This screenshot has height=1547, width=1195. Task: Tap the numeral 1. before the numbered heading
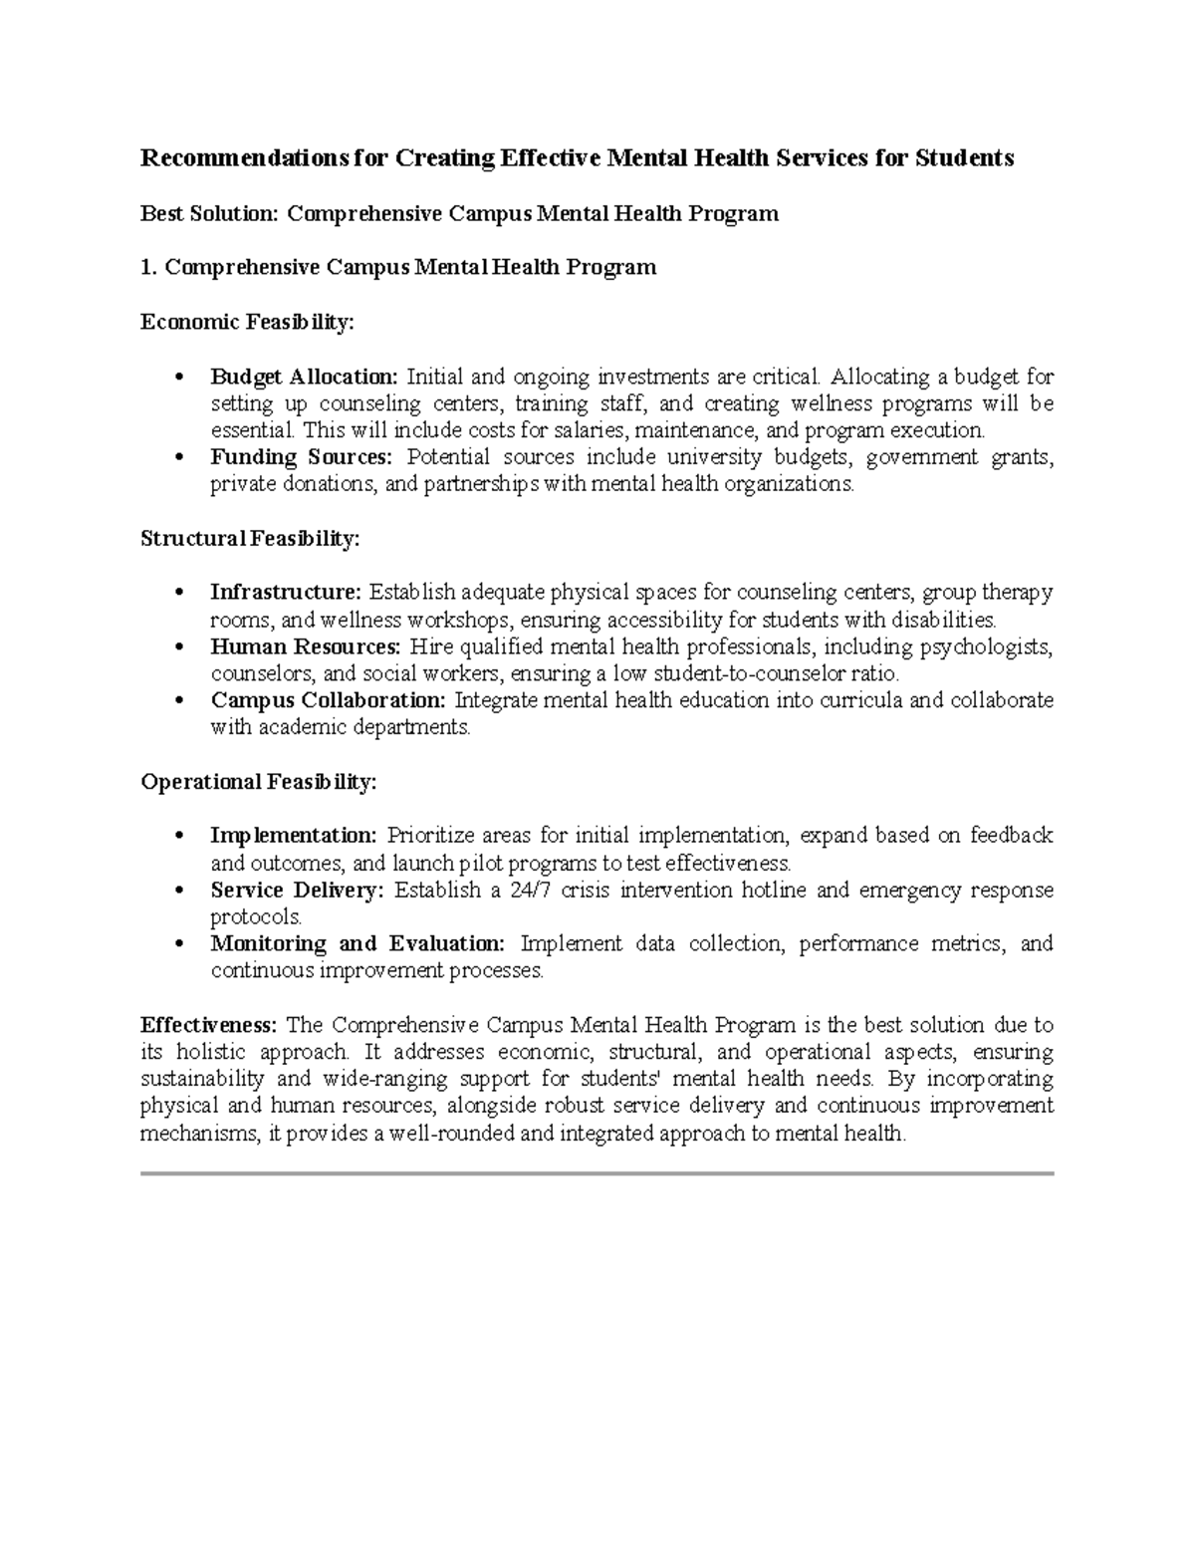click(x=149, y=267)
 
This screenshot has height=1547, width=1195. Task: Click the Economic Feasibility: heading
click(x=247, y=322)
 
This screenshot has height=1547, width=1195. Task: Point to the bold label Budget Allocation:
click(x=304, y=377)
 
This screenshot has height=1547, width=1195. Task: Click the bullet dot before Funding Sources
click(x=178, y=458)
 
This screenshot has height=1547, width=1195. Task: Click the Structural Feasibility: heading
click(x=250, y=539)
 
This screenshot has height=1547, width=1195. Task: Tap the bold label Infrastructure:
click(x=286, y=593)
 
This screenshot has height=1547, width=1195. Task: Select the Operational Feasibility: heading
click(x=259, y=782)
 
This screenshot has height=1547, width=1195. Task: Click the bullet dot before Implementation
click(x=178, y=836)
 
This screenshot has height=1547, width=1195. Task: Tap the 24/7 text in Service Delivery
click(x=529, y=890)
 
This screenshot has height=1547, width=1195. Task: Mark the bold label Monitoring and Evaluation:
click(x=358, y=943)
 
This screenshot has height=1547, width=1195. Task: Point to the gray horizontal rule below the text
click(x=597, y=1173)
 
